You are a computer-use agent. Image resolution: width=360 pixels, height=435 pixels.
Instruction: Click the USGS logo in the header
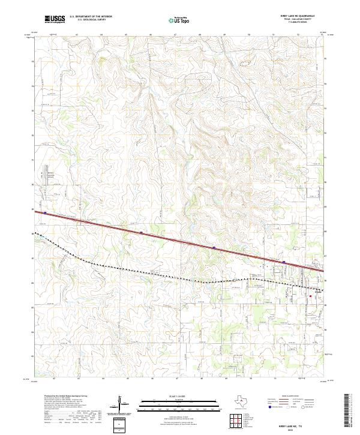tap(54, 20)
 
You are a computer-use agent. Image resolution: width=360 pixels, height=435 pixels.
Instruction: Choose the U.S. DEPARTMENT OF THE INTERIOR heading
tap(91, 17)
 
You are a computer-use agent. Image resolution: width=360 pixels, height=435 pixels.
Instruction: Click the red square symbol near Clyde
tap(310, 296)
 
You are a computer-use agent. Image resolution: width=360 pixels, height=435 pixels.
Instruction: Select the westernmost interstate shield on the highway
tap(44, 211)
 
